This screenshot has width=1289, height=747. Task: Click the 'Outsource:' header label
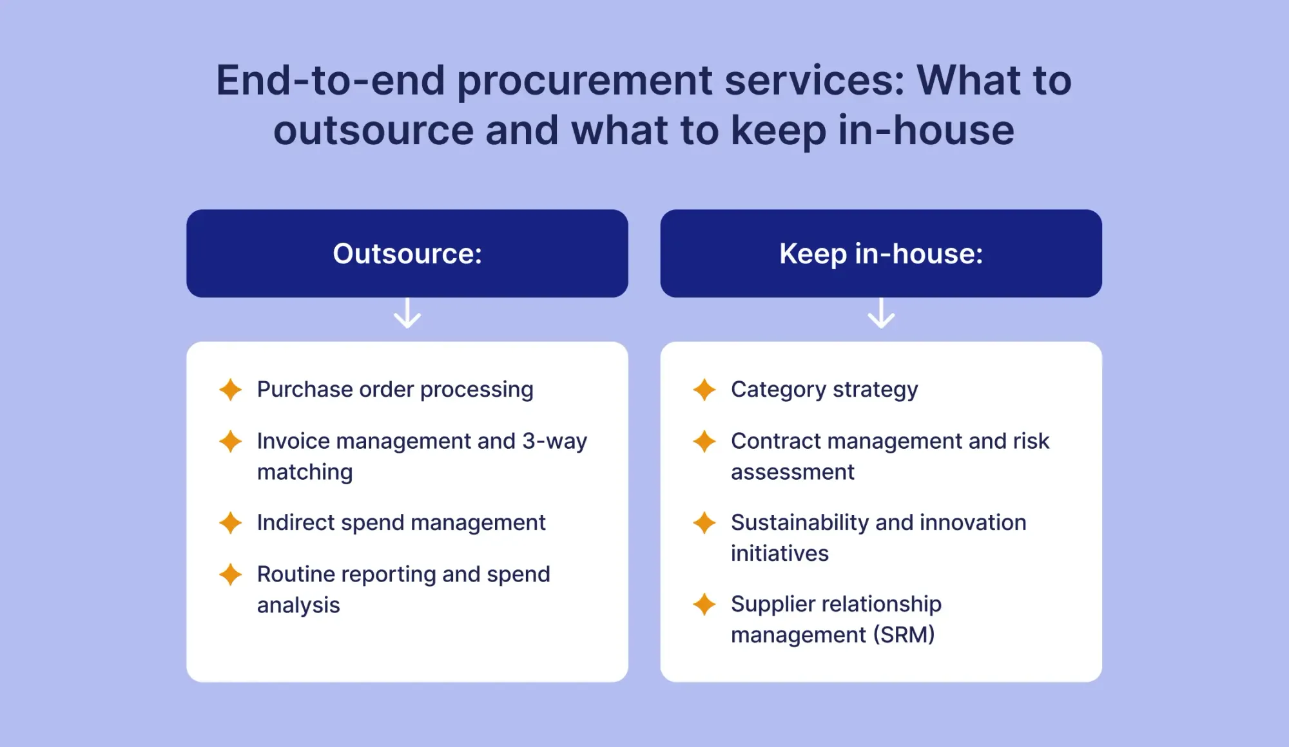click(407, 254)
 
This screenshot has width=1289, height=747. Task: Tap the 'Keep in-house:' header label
click(881, 254)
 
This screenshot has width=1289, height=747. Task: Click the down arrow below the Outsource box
click(407, 313)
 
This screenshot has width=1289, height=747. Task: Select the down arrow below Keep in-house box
click(881, 313)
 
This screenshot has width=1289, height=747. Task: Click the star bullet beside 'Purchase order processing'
click(230, 390)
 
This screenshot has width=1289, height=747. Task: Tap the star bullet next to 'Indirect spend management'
click(230, 523)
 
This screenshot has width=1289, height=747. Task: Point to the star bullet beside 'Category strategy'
click(704, 390)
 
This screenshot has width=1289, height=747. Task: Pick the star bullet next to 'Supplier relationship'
click(704, 604)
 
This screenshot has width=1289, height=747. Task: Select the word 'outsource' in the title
click(373, 130)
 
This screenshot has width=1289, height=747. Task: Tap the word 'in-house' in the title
click(926, 130)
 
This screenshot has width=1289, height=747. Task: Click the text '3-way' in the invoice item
click(555, 441)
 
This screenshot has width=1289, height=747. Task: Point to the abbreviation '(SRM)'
click(904, 635)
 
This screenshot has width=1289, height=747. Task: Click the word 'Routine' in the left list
click(296, 574)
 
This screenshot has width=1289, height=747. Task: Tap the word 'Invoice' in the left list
click(293, 441)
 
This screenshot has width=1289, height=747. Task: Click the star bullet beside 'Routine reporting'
click(230, 574)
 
